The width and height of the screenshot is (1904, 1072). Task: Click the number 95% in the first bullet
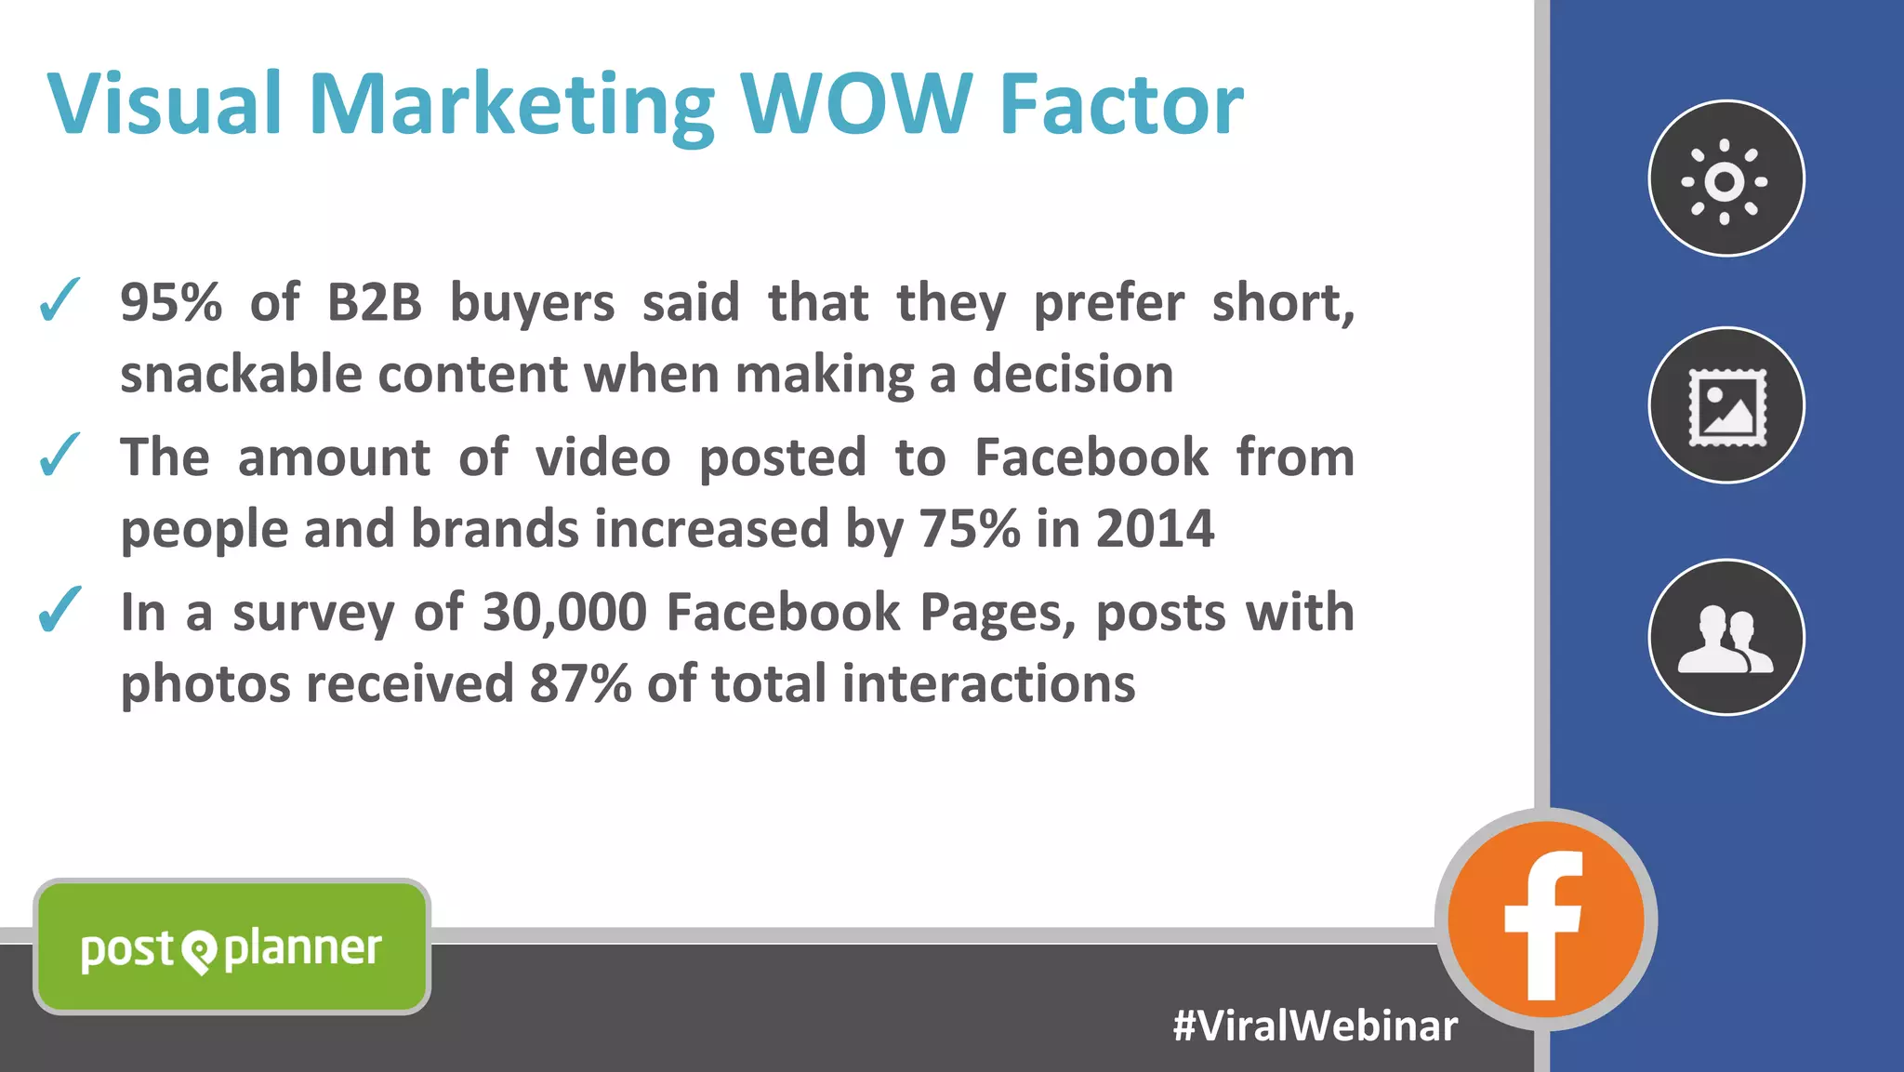point(171,302)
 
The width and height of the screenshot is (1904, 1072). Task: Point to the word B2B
point(374,302)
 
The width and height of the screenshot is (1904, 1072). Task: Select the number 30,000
point(564,612)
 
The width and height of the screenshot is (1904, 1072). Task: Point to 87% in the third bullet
point(580,683)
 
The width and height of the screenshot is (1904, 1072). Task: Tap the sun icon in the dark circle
point(1725,179)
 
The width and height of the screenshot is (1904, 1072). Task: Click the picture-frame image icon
point(1726,405)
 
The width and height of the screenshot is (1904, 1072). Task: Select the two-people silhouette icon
point(1726,638)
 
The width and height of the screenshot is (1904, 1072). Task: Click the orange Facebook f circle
point(1545,920)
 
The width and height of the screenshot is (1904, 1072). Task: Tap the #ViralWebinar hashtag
point(1315,1026)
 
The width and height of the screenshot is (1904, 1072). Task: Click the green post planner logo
point(231,947)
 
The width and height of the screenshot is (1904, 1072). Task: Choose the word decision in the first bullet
point(1073,374)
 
